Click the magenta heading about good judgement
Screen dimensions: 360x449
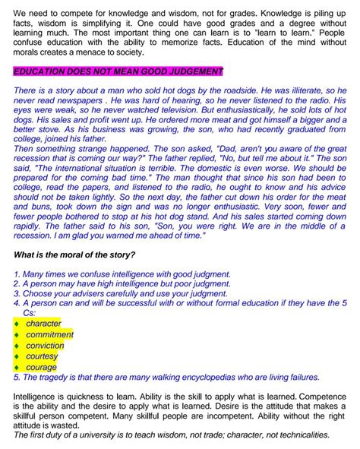(x=118, y=71)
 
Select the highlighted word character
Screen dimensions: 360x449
(x=43, y=324)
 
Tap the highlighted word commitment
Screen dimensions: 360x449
(x=49, y=334)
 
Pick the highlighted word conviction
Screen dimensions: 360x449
(x=45, y=346)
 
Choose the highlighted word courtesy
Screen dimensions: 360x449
(x=42, y=356)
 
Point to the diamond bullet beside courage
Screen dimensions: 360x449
(x=17, y=368)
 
